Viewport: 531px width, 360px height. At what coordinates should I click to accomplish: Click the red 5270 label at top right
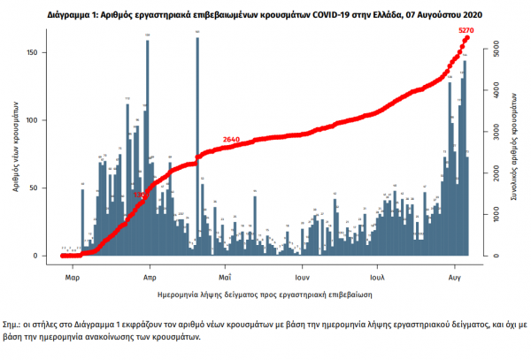pyautogui.click(x=467, y=32)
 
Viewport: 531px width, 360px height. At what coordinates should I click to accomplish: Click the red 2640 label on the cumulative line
pyautogui.click(x=232, y=140)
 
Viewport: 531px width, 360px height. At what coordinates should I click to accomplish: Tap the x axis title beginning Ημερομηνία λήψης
pyautogui.click(x=265, y=291)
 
